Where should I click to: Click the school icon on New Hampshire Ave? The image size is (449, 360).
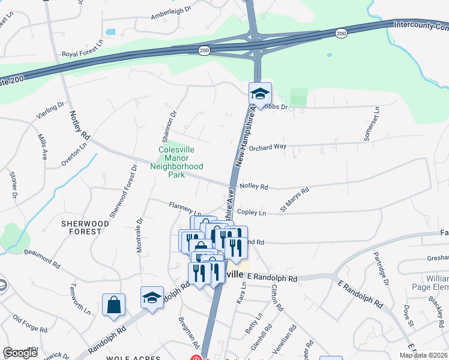(260, 94)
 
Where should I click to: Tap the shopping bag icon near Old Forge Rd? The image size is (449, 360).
(113, 305)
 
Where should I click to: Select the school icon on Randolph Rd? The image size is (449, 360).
(152, 298)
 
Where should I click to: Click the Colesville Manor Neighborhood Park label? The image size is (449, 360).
(181, 162)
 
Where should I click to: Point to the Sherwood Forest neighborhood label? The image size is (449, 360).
(85, 228)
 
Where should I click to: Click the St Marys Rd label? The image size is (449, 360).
(294, 200)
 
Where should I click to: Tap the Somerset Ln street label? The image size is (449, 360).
(376, 121)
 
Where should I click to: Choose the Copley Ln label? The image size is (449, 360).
(252, 213)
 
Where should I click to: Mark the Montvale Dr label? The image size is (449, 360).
(140, 235)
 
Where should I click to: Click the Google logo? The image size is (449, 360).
(20, 353)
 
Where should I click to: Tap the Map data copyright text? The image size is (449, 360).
(423, 355)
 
